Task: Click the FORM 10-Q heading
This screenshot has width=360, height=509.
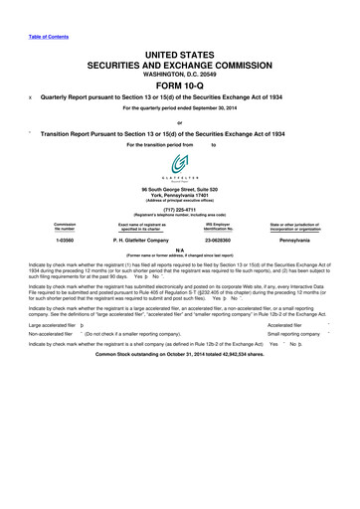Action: pyautogui.click(x=179, y=83)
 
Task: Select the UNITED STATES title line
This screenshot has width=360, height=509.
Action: pyautogui.click(x=179, y=52)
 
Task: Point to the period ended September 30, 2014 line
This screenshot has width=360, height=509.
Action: pyautogui.click(x=179, y=106)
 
